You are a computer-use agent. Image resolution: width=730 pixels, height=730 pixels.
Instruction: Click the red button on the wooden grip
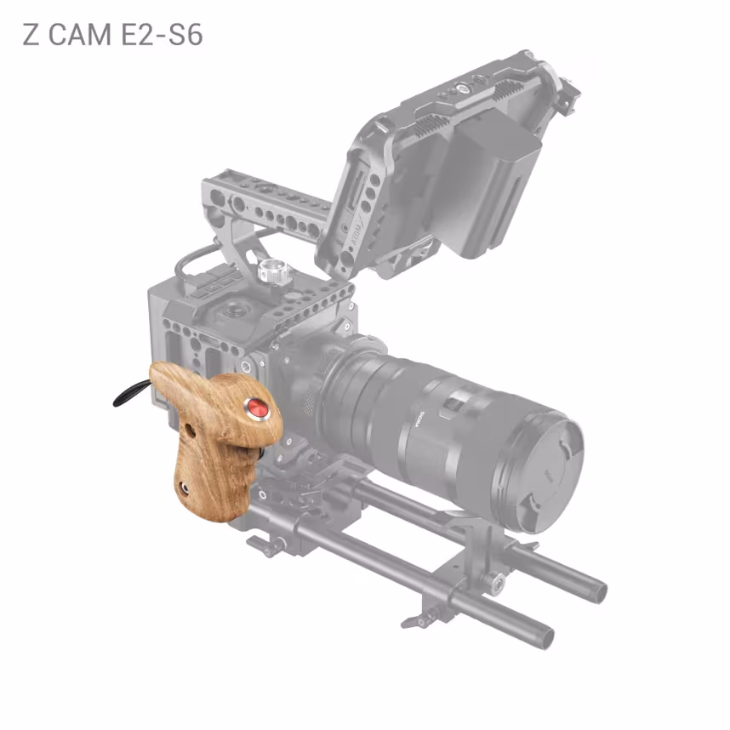(x=257, y=408)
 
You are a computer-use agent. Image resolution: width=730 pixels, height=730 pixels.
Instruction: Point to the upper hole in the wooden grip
(x=190, y=431)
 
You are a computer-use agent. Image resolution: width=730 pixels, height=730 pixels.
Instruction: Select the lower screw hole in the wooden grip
(x=184, y=488)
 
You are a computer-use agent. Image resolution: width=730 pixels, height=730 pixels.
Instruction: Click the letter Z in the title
(x=31, y=35)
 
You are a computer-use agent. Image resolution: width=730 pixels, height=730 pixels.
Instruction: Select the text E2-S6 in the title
(x=162, y=35)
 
